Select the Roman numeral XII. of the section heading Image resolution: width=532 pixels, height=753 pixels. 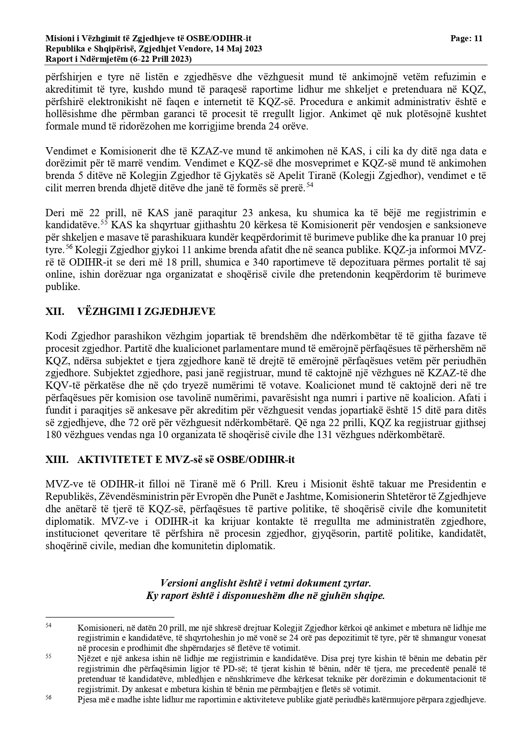pos(55,311)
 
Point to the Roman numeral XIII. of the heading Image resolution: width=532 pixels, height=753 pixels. pos(57,460)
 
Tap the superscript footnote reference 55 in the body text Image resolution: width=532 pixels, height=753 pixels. pos(104,222)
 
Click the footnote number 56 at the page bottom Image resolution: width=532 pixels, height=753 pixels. pos(48,697)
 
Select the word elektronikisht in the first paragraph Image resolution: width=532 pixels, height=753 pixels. pos(107,102)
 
